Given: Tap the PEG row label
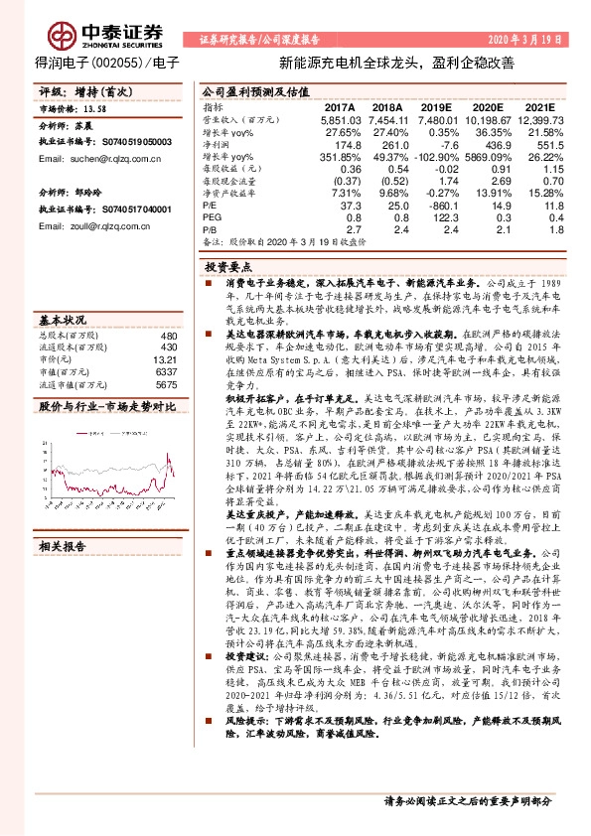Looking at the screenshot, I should pos(214,216).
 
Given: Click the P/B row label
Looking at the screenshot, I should pos(213,228).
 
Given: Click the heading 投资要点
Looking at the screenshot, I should pos(228,268).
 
